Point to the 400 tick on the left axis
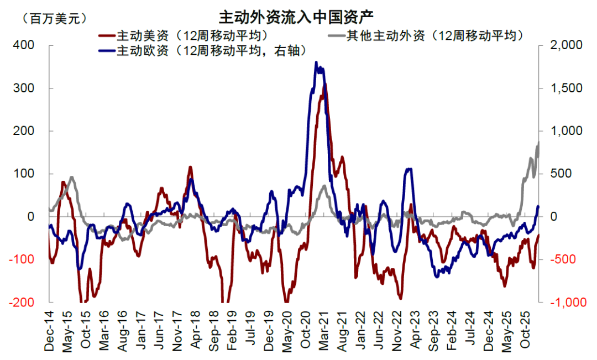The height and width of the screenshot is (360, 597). pos(28,45)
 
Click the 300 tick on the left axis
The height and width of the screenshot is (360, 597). pos(28,88)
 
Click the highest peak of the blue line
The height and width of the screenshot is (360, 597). pos(316,62)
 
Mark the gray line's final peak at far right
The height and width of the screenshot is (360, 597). pos(538,142)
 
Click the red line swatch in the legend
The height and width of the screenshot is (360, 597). pos(106,36)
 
